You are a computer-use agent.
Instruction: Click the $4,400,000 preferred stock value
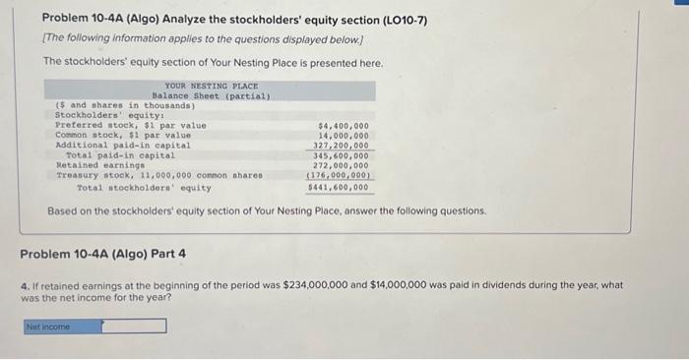(x=344, y=126)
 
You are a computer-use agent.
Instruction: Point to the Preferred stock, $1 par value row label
(x=131, y=126)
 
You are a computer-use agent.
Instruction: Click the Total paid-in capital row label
(x=120, y=155)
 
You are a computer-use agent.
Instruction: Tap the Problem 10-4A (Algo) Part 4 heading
(x=103, y=254)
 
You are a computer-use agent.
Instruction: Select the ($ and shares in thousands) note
(x=111, y=105)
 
